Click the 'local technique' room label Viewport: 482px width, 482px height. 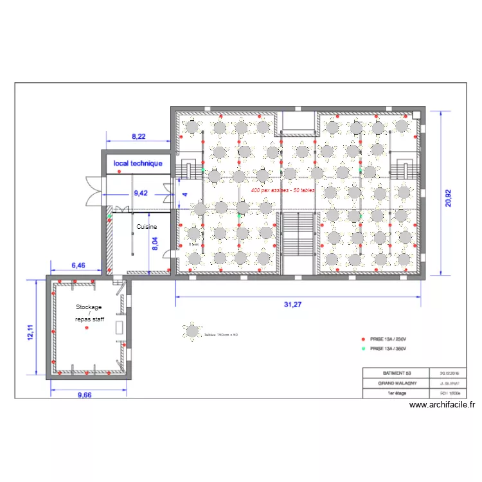(138, 164)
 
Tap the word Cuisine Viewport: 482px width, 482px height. (147, 227)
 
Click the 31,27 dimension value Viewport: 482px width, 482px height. (293, 305)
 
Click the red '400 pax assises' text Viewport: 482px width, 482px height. (283, 191)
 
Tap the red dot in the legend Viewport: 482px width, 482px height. (362, 339)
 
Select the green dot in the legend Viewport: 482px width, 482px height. (362, 349)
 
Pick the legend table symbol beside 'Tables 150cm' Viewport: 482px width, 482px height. (192, 332)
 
